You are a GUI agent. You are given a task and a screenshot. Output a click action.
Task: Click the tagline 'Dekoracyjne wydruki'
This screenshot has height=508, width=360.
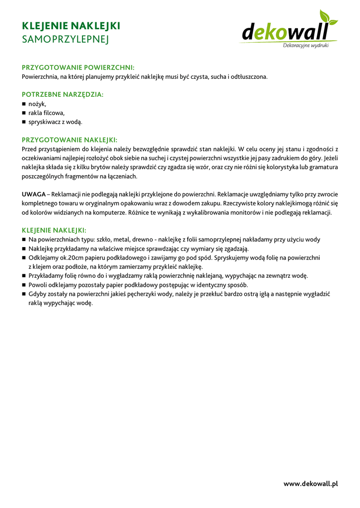tap(305, 46)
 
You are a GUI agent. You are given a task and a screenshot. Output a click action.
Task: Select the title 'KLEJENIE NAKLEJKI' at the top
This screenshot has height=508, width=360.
tap(71, 26)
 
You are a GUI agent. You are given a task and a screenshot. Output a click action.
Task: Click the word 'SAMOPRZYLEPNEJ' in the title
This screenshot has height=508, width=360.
tap(65, 39)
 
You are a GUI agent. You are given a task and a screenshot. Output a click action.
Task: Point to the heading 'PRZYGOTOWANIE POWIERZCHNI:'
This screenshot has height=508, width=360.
tap(78, 67)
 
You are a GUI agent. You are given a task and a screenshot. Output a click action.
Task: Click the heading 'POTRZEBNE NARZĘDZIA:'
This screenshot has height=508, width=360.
tap(63, 94)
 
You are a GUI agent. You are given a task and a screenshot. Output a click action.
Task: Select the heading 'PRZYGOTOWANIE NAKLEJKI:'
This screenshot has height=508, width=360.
tap(70, 140)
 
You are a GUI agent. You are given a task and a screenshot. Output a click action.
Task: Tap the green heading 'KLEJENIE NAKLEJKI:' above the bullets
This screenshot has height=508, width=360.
tap(54, 230)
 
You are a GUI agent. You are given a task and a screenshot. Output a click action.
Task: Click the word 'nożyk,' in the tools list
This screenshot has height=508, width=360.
tap(37, 104)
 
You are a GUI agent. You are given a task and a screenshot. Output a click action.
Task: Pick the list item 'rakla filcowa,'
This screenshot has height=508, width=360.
tap(47, 113)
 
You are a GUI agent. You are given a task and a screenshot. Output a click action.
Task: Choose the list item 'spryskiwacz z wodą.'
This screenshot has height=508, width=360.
tap(55, 122)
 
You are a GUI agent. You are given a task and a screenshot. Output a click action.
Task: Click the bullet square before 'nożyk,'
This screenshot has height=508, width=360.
tap(24, 104)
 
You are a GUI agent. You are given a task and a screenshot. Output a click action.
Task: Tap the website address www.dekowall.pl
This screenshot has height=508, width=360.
tap(311, 484)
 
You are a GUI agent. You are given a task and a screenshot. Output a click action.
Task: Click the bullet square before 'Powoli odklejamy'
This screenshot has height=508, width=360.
tap(24, 285)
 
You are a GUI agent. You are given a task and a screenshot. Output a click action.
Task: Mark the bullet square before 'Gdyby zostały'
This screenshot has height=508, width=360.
tap(24, 294)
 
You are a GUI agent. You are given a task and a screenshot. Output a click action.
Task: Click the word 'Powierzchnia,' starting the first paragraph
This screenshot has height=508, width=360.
tap(40, 76)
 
